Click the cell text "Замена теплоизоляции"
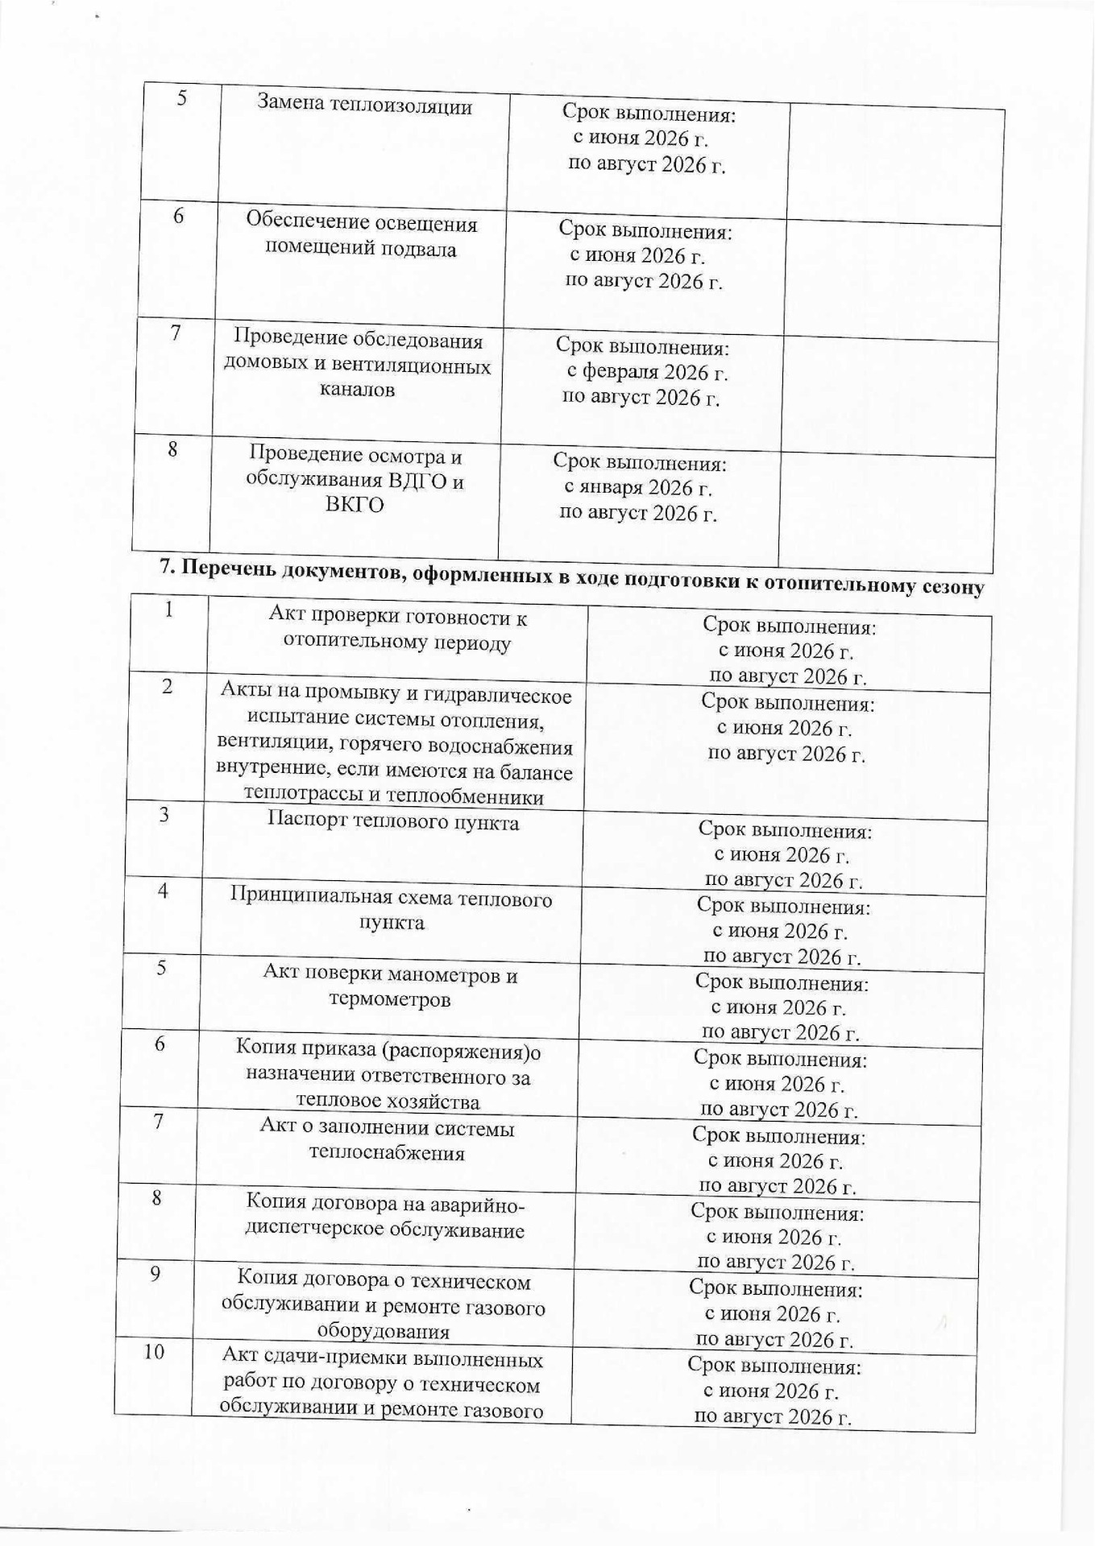click(364, 105)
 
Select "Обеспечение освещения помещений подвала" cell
click(361, 235)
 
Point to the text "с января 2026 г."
click(637, 488)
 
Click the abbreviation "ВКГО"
click(354, 505)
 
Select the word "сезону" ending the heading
click(952, 587)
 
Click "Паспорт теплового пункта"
click(392, 822)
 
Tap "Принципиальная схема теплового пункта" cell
click(392, 909)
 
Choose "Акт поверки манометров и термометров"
click(390, 987)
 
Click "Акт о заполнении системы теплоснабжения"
click(387, 1140)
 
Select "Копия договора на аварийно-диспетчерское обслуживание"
click(385, 1217)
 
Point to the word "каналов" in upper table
click(357, 391)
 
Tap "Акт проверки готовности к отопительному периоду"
click(397, 630)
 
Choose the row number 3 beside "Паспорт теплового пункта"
click(164, 815)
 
